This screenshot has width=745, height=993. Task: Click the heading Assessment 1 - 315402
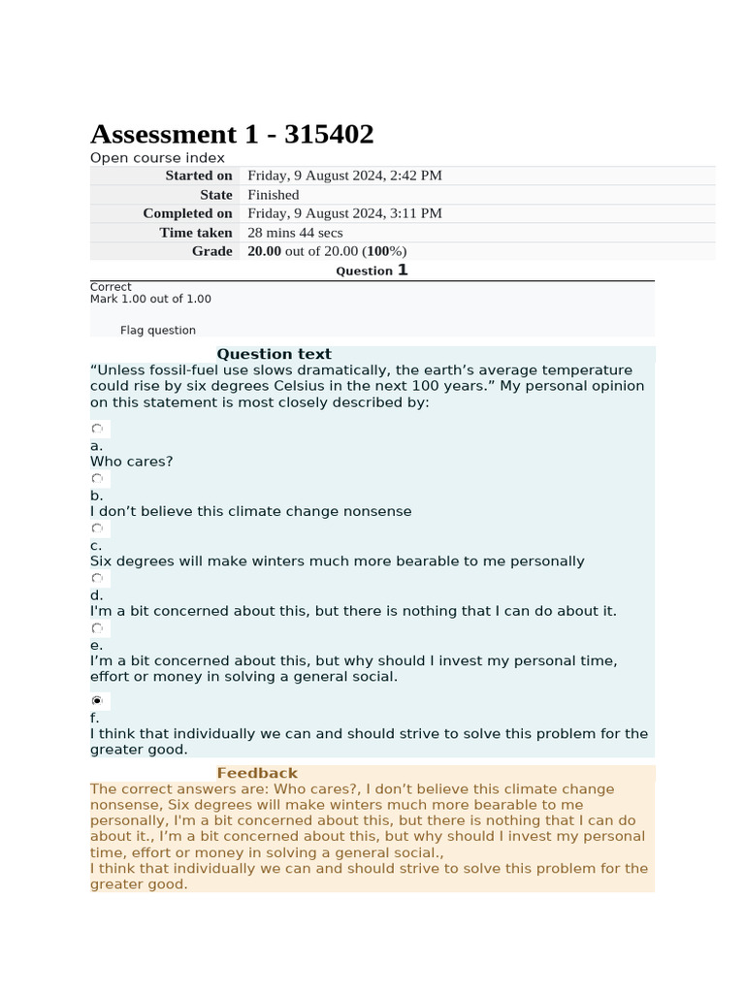[x=232, y=134]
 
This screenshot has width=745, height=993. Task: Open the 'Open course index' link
[x=157, y=158]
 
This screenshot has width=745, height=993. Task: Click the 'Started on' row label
[x=198, y=176]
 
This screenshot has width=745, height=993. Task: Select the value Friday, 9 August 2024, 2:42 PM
[x=344, y=176]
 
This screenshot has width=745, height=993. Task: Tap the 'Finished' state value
[x=273, y=195]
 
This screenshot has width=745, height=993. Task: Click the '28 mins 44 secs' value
[x=295, y=233]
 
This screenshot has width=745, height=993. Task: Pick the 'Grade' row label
[x=211, y=251]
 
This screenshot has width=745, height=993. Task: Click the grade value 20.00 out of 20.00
[x=327, y=251]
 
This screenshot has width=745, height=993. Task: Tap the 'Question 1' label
[x=372, y=271]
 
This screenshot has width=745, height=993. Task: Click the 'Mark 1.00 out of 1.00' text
[x=150, y=299]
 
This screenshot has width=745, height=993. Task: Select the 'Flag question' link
[x=157, y=330]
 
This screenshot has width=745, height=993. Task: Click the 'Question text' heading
[x=274, y=354]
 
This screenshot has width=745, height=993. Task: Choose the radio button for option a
[x=97, y=429]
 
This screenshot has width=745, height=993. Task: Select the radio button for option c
[x=97, y=529]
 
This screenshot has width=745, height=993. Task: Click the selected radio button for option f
[x=97, y=700]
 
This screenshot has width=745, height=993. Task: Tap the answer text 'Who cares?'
[x=132, y=462]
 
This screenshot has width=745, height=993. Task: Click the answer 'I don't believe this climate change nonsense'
[x=250, y=511]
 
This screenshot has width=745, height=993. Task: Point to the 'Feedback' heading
[x=257, y=773]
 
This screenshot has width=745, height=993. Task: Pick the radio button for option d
[x=97, y=579]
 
